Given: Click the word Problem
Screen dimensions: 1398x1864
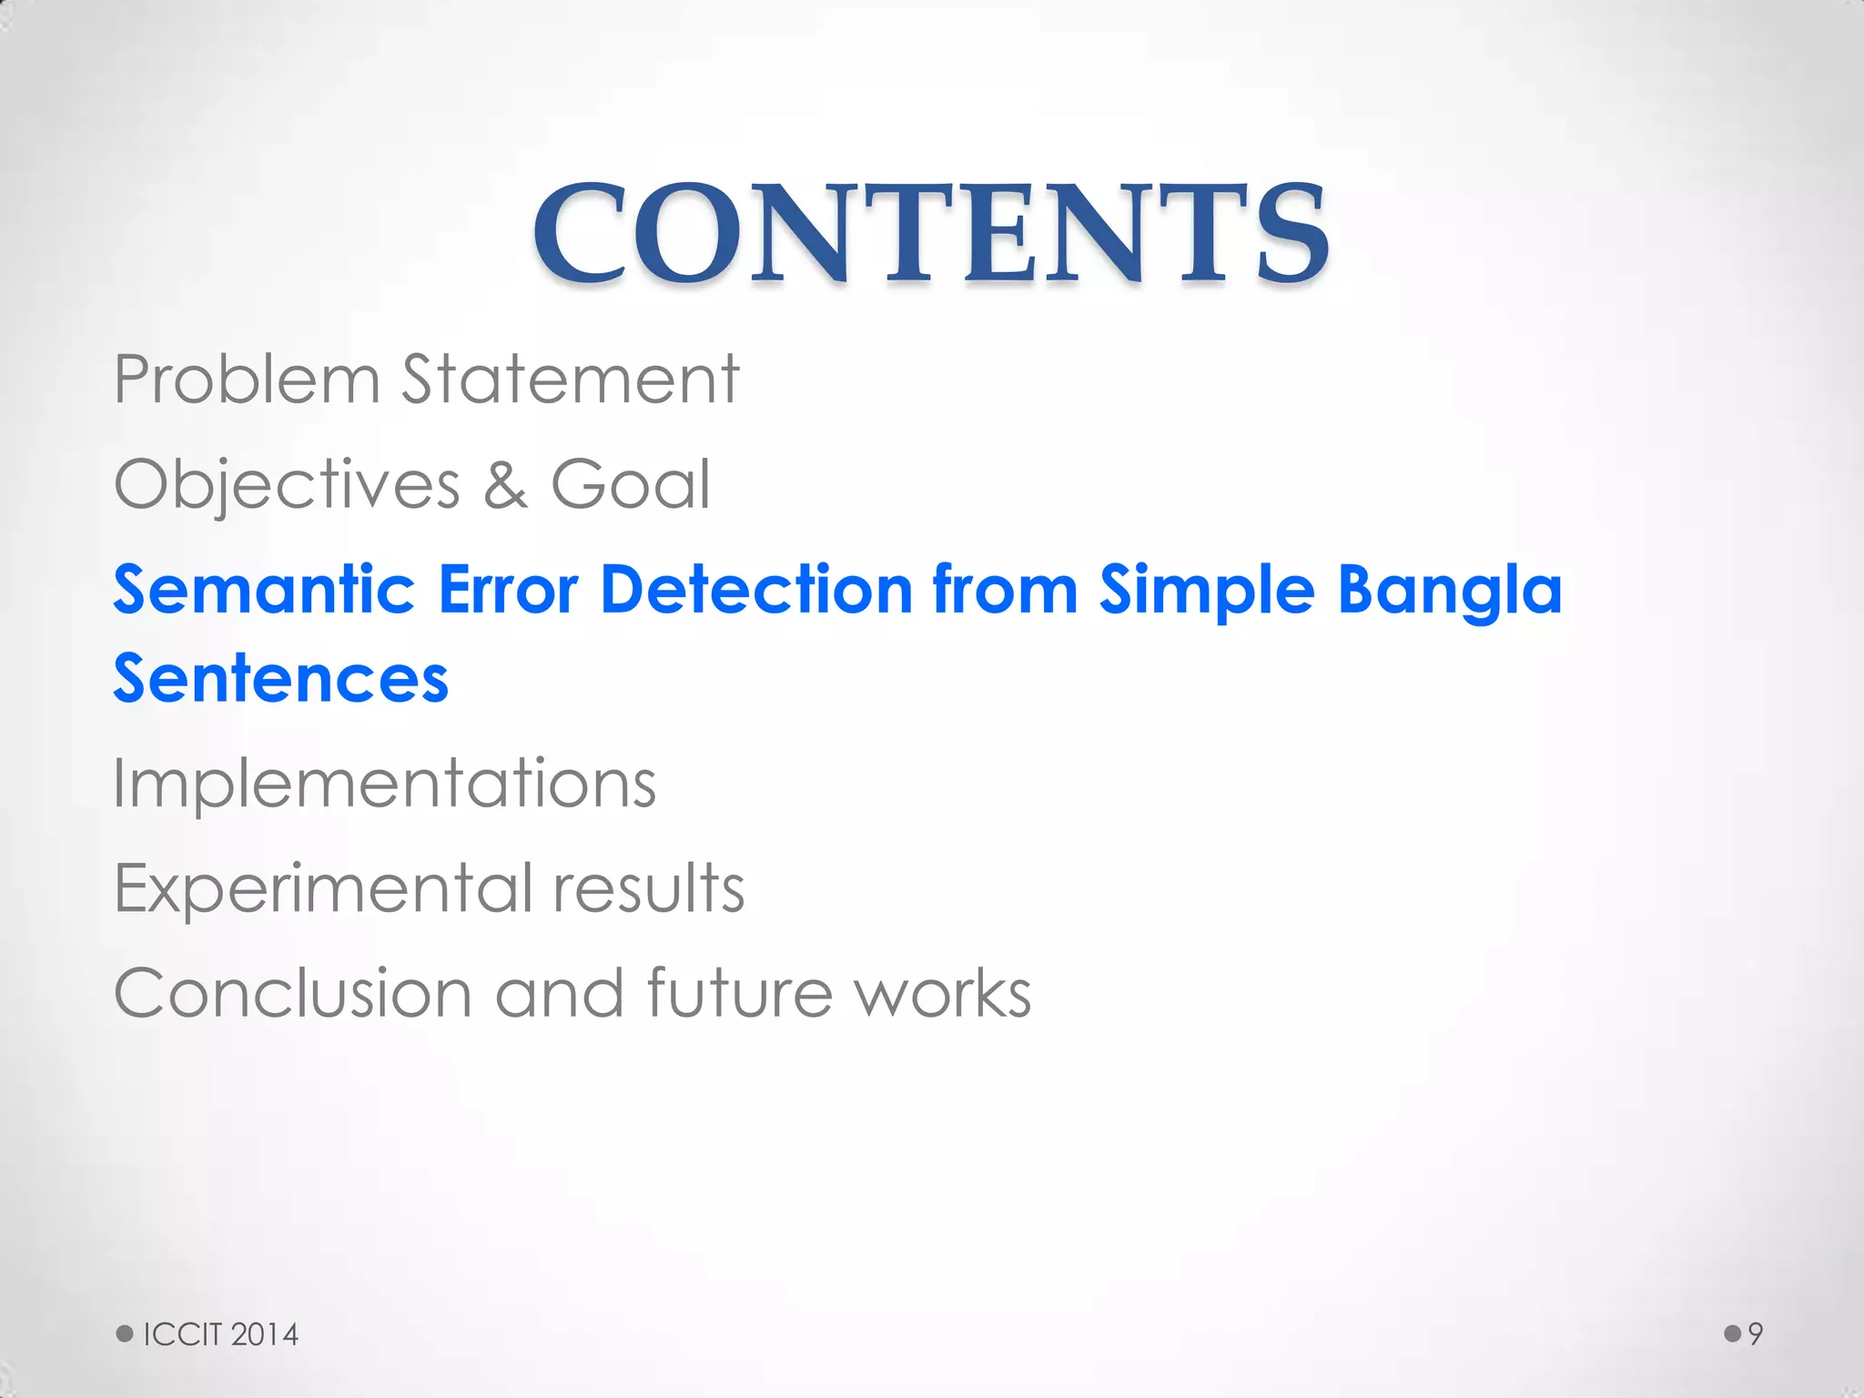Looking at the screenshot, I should pos(246,380).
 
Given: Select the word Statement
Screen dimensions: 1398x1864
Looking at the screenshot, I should pos(571,380).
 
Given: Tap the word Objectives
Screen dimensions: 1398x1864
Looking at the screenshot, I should pos(287,486).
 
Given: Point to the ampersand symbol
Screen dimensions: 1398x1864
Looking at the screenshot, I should pos(505,486).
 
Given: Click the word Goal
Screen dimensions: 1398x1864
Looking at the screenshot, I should pos(630,486).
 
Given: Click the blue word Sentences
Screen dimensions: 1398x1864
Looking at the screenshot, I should pos(280,679).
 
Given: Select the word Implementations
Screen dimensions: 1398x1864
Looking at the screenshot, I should pos(384,785).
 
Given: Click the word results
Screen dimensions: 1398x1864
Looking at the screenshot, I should pos(649,888).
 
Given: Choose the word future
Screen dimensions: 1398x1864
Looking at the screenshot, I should pos(739,993).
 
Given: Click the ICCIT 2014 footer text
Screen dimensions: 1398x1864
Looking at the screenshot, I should pos(221,1334).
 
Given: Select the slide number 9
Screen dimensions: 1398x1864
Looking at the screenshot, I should pos(1756,1334).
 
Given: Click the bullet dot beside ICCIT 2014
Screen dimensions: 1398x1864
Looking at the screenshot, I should pos(125,1334).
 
